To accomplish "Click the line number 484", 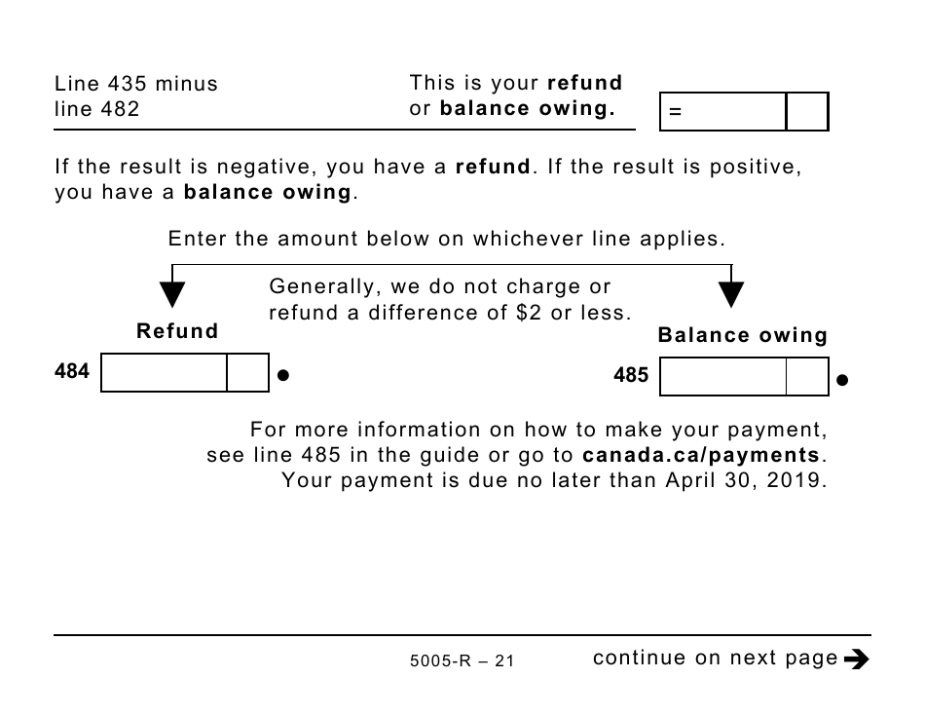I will tap(72, 371).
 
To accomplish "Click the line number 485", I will tap(631, 375).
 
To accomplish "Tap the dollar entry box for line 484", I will tap(164, 373).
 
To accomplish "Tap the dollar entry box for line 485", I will tap(722, 377).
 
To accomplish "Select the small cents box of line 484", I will tap(247, 373).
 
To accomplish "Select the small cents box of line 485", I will tap(807, 377).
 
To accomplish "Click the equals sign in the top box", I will tap(675, 113).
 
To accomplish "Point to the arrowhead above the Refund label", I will tap(172, 294).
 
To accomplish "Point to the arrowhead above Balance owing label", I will tap(731, 294).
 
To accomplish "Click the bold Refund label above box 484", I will tap(177, 331).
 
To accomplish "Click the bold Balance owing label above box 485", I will tap(743, 336).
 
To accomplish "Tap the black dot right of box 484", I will tap(283, 374).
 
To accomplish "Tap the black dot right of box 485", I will tap(842, 380).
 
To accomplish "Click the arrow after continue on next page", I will tap(857, 659).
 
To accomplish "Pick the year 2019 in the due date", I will tap(801, 480).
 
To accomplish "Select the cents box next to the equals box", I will tap(807, 112).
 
